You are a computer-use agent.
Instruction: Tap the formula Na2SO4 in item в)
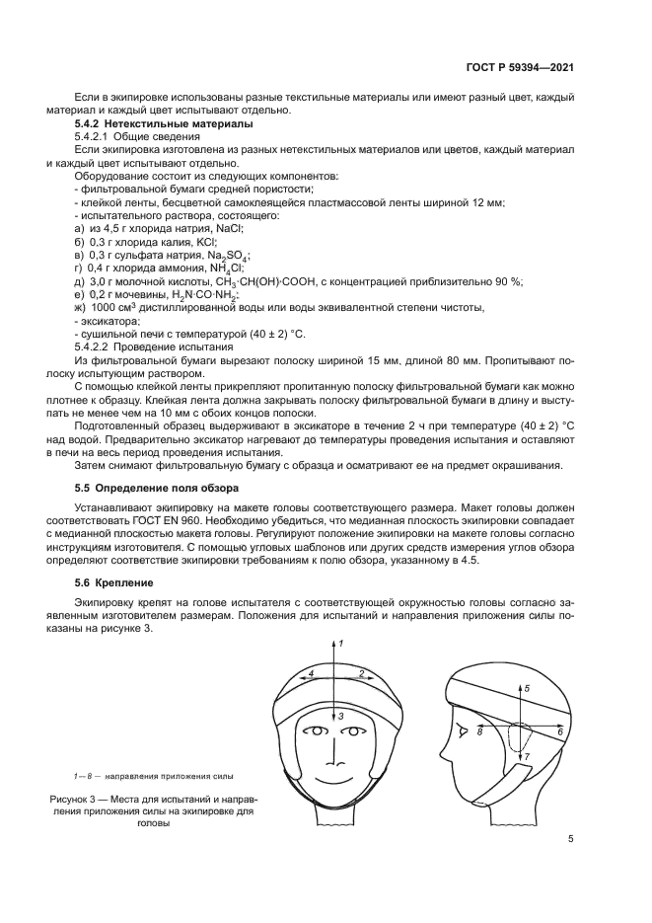(230, 254)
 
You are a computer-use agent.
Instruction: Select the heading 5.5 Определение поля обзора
(158, 488)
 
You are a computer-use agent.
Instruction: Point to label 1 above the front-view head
(340, 643)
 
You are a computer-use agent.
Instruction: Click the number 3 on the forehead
(341, 714)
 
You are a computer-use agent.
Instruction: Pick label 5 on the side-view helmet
(527, 687)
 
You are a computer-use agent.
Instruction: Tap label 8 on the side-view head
(479, 732)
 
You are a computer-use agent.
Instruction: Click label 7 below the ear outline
(527, 756)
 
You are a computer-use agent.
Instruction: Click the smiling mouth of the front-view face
(339, 771)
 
